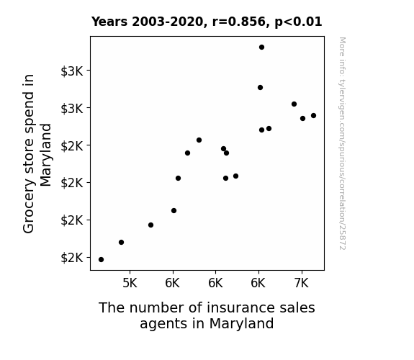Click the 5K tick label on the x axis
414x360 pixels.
point(130,283)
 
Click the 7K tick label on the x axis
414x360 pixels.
point(302,283)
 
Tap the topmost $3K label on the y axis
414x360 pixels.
point(72,71)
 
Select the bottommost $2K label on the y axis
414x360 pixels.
point(72,258)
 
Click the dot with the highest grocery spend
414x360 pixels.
point(261,48)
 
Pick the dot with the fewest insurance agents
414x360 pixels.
point(101,260)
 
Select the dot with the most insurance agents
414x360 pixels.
point(313,115)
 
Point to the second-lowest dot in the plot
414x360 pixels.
point(121,242)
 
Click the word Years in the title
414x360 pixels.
point(109,22)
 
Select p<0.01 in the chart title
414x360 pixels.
point(298,22)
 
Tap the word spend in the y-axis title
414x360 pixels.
point(29,107)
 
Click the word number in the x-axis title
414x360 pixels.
point(156,307)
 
